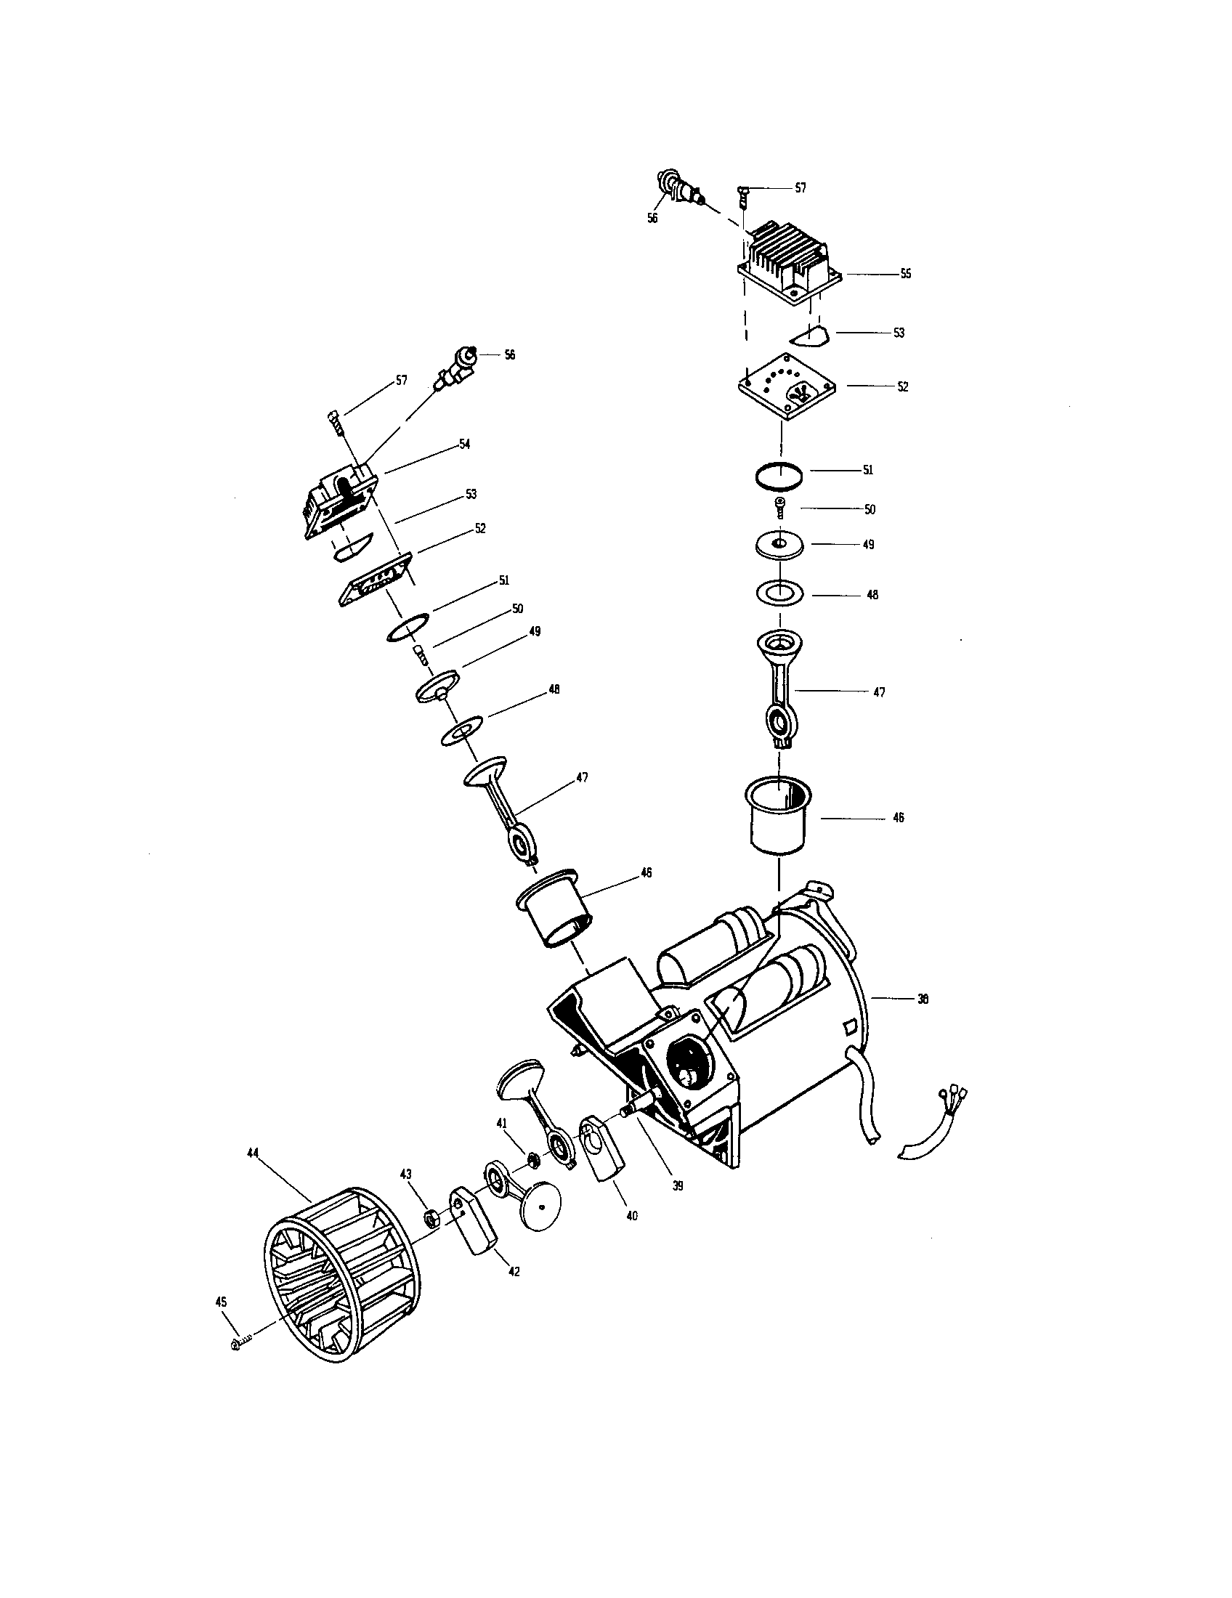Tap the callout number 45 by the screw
click(x=221, y=1302)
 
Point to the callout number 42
click(x=514, y=1272)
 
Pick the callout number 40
click(x=632, y=1215)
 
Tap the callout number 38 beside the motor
click(x=923, y=999)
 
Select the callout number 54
click(x=464, y=444)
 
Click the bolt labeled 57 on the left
click(x=336, y=423)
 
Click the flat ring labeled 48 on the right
click(x=779, y=593)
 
